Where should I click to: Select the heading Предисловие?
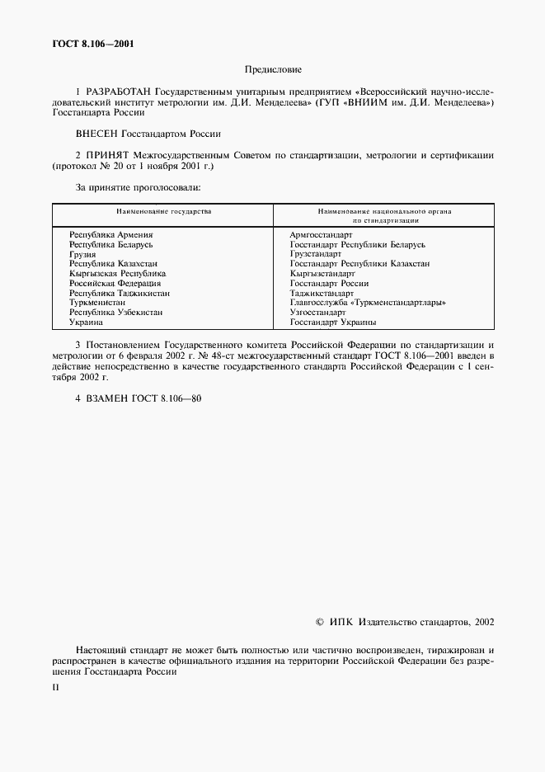[273, 71]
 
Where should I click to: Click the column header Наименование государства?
[163, 212]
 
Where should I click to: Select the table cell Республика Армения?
[111, 236]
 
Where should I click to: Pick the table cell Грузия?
[83, 255]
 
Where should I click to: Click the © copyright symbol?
[321, 623]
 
